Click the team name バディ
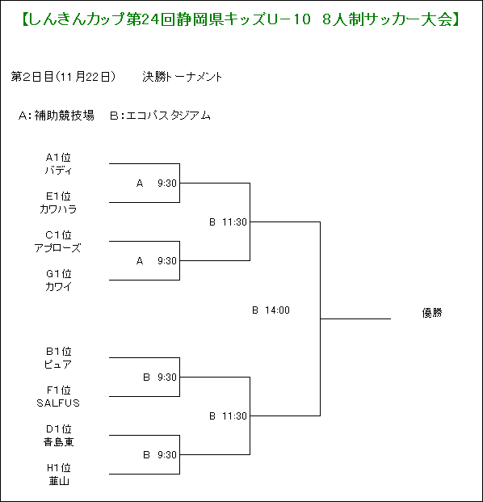coord(58,171)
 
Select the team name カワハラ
coord(58,209)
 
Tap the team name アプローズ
coord(58,248)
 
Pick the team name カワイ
coord(58,286)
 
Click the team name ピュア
coord(58,365)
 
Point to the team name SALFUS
coord(58,403)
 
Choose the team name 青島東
coord(58,442)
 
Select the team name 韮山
coord(59,480)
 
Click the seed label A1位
coord(58,158)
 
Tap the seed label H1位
coord(58,468)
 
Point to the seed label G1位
coord(58,274)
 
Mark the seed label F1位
coord(58,390)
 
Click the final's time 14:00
coord(277,310)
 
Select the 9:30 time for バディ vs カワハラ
coord(167,184)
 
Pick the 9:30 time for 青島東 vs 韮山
coord(167,454)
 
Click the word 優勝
coord(432,313)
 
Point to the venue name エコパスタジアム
coord(168,116)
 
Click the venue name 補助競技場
coord(65,116)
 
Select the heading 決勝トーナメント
coord(182,77)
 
